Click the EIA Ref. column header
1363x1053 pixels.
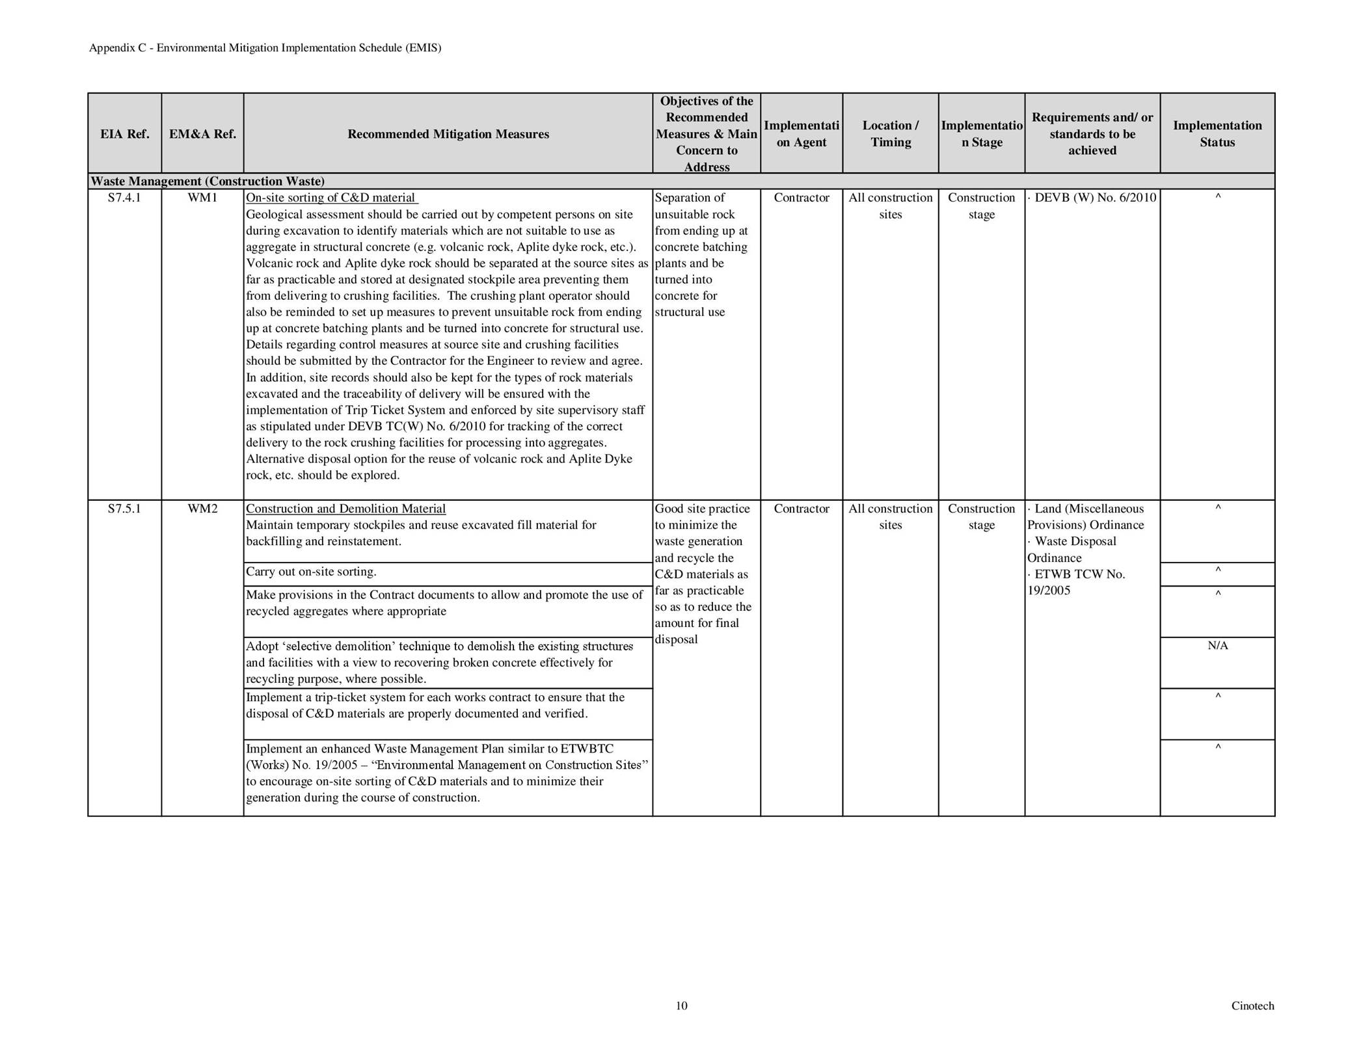point(124,134)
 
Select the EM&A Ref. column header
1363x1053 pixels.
point(202,134)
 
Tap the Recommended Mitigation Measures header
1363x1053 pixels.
point(448,134)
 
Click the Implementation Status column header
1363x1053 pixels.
point(1217,133)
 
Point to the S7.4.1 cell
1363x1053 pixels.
point(124,198)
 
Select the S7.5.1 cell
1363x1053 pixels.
point(124,509)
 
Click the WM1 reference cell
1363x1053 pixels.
point(202,198)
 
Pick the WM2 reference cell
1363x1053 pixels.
point(202,509)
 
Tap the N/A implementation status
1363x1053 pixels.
point(1217,646)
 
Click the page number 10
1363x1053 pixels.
point(681,1006)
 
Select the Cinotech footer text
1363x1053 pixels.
point(1252,1006)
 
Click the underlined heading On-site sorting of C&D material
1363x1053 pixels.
point(332,198)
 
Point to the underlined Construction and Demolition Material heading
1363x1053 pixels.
point(345,509)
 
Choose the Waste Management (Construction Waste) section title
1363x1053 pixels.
point(208,181)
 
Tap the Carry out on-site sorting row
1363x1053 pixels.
point(311,572)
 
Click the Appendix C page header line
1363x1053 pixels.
point(265,48)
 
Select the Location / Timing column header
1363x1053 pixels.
point(890,133)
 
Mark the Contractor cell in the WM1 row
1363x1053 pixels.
point(801,198)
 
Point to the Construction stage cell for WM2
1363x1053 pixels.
point(981,516)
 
